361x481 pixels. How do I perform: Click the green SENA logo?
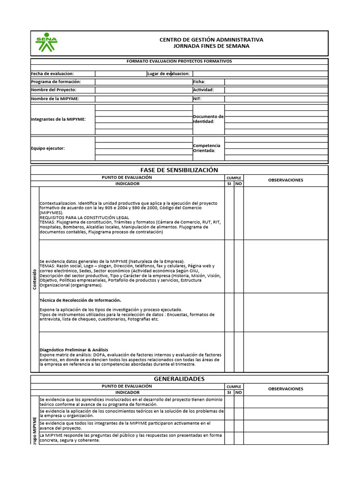[46, 43]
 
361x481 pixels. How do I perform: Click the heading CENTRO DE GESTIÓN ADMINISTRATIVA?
[212, 39]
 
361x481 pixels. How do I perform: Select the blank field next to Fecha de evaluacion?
[120, 73]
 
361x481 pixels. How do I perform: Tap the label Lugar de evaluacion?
[168, 73]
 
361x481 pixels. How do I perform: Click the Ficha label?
[199, 82]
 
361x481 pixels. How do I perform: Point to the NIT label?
[197, 99]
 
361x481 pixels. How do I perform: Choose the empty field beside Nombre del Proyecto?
[143, 90]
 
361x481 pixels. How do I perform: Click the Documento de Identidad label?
[208, 119]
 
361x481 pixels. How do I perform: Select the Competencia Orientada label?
[207, 148]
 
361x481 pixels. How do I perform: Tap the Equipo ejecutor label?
[48, 148]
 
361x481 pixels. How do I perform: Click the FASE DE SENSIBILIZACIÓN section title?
[179, 170]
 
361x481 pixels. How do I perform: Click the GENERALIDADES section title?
[179, 379]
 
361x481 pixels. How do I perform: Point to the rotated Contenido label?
[34, 279]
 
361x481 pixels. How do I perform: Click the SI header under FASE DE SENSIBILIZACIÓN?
[229, 184]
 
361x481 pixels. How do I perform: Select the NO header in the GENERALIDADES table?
[238, 392]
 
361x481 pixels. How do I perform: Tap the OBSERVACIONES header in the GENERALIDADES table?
[285, 388]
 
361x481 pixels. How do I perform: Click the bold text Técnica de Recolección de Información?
[80, 300]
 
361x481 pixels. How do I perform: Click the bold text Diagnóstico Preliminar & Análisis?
[74, 349]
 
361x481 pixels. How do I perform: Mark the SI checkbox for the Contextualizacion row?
[229, 213]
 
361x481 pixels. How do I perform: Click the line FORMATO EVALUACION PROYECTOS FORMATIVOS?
[179, 61]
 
